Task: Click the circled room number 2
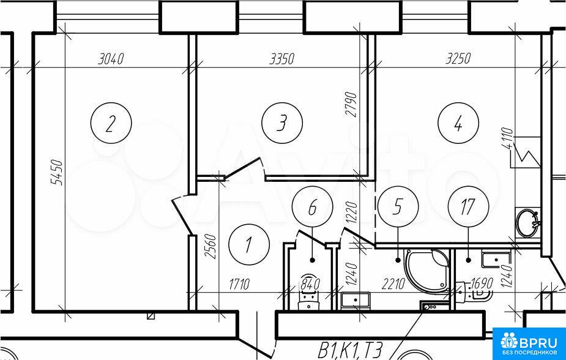(x=111, y=123)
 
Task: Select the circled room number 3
(x=282, y=123)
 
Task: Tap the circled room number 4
(x=458, y=123)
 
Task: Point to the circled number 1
(x=249, y=244)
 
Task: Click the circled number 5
(x=398, y=207)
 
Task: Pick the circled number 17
(x=468, y=207)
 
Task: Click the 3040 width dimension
(x=111, y=58)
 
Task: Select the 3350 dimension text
(x=282, y=58)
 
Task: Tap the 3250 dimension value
(x=458, y=58)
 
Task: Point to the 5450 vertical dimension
(x=57, y=173)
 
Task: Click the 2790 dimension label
(x=351, y=105)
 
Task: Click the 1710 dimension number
(x=239, y=284)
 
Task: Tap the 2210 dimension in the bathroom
(x=393, y=284)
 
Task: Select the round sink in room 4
(x=527, y=223)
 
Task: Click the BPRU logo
(x=529, y=343)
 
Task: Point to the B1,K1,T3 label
(x=350, y=350)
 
